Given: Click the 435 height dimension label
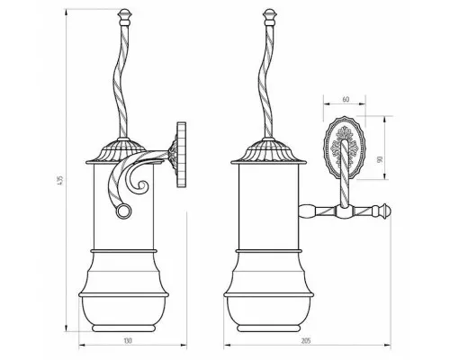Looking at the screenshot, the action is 60,180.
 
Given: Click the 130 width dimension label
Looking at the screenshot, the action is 128,341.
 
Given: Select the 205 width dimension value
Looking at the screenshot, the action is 306,341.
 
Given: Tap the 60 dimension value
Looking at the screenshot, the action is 346,99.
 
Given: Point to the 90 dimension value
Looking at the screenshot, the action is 380,159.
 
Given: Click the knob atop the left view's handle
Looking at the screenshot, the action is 124,17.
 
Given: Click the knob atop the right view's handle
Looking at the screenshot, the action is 269,17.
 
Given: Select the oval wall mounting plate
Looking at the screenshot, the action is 345,148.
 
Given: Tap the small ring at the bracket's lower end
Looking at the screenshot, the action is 123,211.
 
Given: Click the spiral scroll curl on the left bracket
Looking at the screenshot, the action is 139,182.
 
